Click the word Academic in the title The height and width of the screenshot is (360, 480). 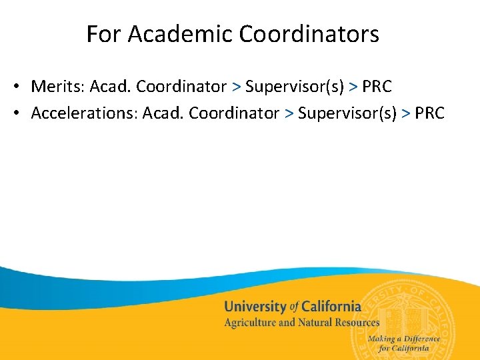pos(169,34)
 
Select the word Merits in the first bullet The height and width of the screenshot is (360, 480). pos(55,87)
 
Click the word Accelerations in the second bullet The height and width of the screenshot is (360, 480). pos(83,113)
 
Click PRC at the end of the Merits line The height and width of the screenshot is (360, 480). pos(377,87)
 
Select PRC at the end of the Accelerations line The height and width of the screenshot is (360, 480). pos(429,113)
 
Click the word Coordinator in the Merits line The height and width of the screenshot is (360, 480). pos(181,87)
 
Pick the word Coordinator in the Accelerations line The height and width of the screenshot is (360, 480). pos(234,113)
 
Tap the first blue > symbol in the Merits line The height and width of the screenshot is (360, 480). pos(236,87)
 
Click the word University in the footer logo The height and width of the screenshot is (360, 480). pos(255,307)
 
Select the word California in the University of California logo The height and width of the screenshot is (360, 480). pos(331,307)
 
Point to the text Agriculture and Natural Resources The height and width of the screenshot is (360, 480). pos(301,323)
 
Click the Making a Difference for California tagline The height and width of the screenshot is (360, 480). pos(404,343)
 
